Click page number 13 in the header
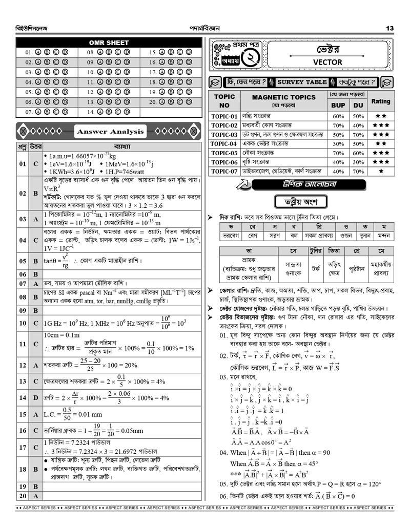tap(389, 28)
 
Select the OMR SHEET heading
tap(109, 43)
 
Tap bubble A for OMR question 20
tap(162, 101)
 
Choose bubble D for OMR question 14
tap(127, 111)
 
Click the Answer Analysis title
tap(110, 132)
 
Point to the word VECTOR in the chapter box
tap(327, 62)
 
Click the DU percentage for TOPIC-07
tap(358, 171)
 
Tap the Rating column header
tap(381, 101)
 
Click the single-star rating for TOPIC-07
tap(381, 171)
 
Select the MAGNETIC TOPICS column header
tap(284, 97)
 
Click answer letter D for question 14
tap(35, 397)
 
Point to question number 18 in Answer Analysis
tap(22, 469)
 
